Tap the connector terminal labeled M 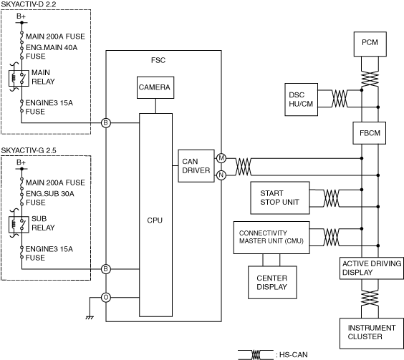tap(221, 158)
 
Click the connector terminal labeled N tap(221, 175)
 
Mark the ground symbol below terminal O tap(90, 318)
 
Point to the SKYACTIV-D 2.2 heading tap(29, 4)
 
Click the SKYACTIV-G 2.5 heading tap(29, 150)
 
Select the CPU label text tap(155, 220)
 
